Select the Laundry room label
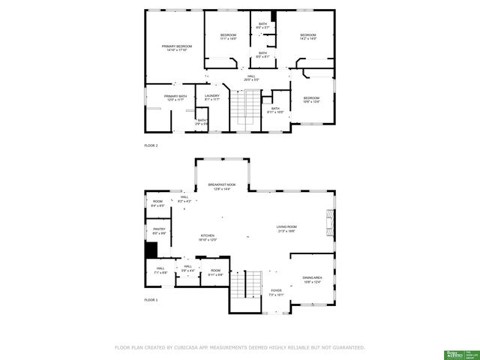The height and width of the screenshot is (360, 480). tap(212, 97)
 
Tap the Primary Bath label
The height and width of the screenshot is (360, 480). tap(175, 97)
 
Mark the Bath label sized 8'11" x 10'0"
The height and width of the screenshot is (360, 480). tap(275, 110)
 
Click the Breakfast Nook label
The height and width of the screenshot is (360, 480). tap(223, 187)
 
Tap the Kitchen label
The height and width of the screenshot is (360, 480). tap(208, 237)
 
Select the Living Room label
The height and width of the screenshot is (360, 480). tap(286, 229)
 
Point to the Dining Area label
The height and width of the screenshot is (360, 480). tap(313, 280)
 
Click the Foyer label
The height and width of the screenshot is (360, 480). tap(276, 292)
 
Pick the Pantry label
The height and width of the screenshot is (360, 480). tap(159, 231)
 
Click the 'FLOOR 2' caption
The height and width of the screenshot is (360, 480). tap(151, 145)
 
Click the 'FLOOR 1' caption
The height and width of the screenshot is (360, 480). tap(151, 299)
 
